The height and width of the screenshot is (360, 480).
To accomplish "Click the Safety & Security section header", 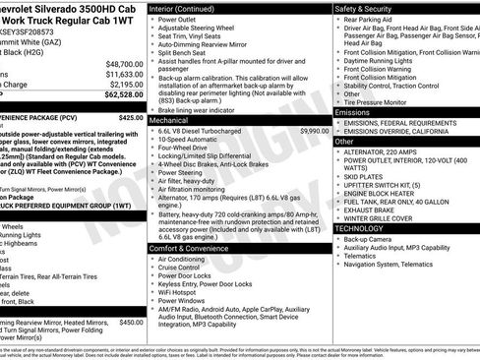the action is [364, 8].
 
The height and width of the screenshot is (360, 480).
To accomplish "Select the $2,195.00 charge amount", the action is [125, 85].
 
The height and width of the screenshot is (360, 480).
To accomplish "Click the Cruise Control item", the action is [179, 268].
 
